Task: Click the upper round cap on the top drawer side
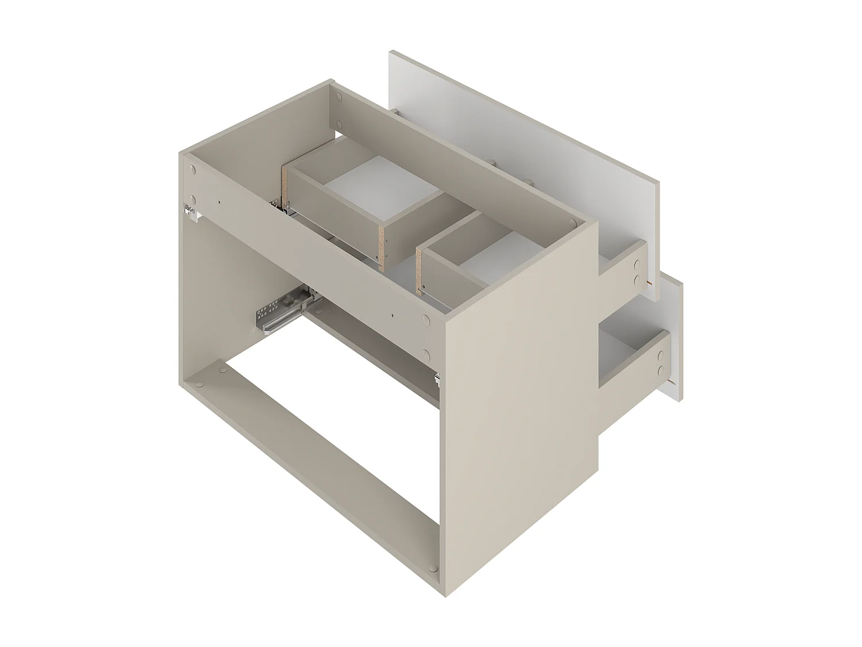[x=637, y=266]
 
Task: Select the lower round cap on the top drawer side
[x=636, y=281]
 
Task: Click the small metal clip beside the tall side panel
[x=438, y=378]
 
